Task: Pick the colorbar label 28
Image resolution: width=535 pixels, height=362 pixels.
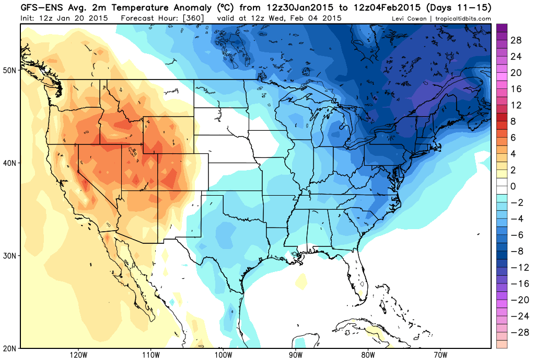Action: (x=516, y=40)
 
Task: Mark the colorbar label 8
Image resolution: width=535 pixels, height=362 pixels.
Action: (x=513, y=121)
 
